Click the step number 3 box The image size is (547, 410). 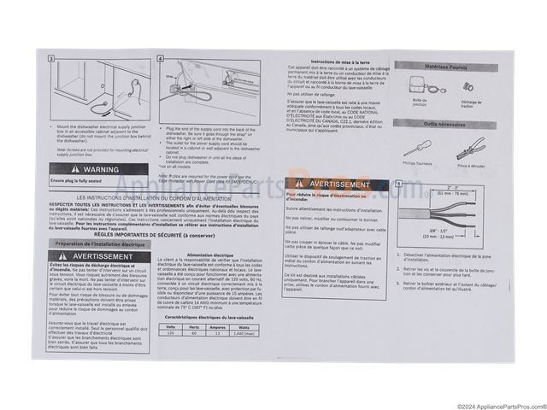[51, 59]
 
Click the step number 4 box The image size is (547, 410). [162, 59]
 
